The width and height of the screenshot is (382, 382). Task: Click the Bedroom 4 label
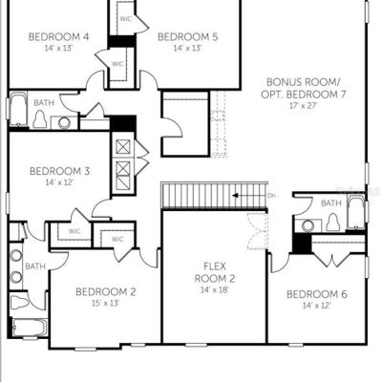click(58, 36)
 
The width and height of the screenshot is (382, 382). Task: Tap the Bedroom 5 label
click(188, 37)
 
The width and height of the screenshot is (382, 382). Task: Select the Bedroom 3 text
click(59, 171)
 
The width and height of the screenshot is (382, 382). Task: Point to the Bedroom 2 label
click(106, 291)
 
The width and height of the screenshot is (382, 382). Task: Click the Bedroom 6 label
click(317, 294)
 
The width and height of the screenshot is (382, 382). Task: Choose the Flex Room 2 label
click(215, 272)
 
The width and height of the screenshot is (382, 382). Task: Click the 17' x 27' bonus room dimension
click(303, 106)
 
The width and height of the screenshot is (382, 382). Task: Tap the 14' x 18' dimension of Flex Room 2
click(215, 290)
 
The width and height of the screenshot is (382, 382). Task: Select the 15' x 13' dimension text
click(105, 303)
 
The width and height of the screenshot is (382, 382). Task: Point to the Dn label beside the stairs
click(271, 196)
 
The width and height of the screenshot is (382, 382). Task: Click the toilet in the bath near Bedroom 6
click(333, 222)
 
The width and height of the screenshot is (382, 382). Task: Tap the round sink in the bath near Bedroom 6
click(308, 225)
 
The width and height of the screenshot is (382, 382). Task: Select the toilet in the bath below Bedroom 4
click(40, 119)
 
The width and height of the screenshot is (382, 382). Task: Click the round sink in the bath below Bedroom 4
click(64, 123)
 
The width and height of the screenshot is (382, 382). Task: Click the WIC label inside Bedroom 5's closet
click(125, 19)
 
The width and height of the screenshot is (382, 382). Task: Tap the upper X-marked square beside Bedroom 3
click(123, 147)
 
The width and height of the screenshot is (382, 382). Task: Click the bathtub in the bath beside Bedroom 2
click(30, 328)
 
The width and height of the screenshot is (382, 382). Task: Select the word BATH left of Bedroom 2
click(35, 266)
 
